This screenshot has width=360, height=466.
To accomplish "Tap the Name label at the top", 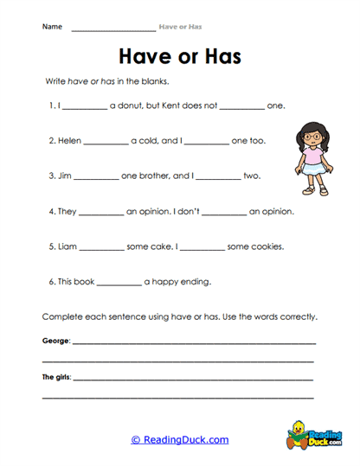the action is tap(52, 26).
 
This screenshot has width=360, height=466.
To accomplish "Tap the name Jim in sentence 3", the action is tap(66, 176).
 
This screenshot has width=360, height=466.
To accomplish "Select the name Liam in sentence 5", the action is tap(69, 246).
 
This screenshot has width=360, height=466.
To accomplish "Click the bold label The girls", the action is tap(57, 377).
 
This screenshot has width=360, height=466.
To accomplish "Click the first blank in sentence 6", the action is tap(119, 283).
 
